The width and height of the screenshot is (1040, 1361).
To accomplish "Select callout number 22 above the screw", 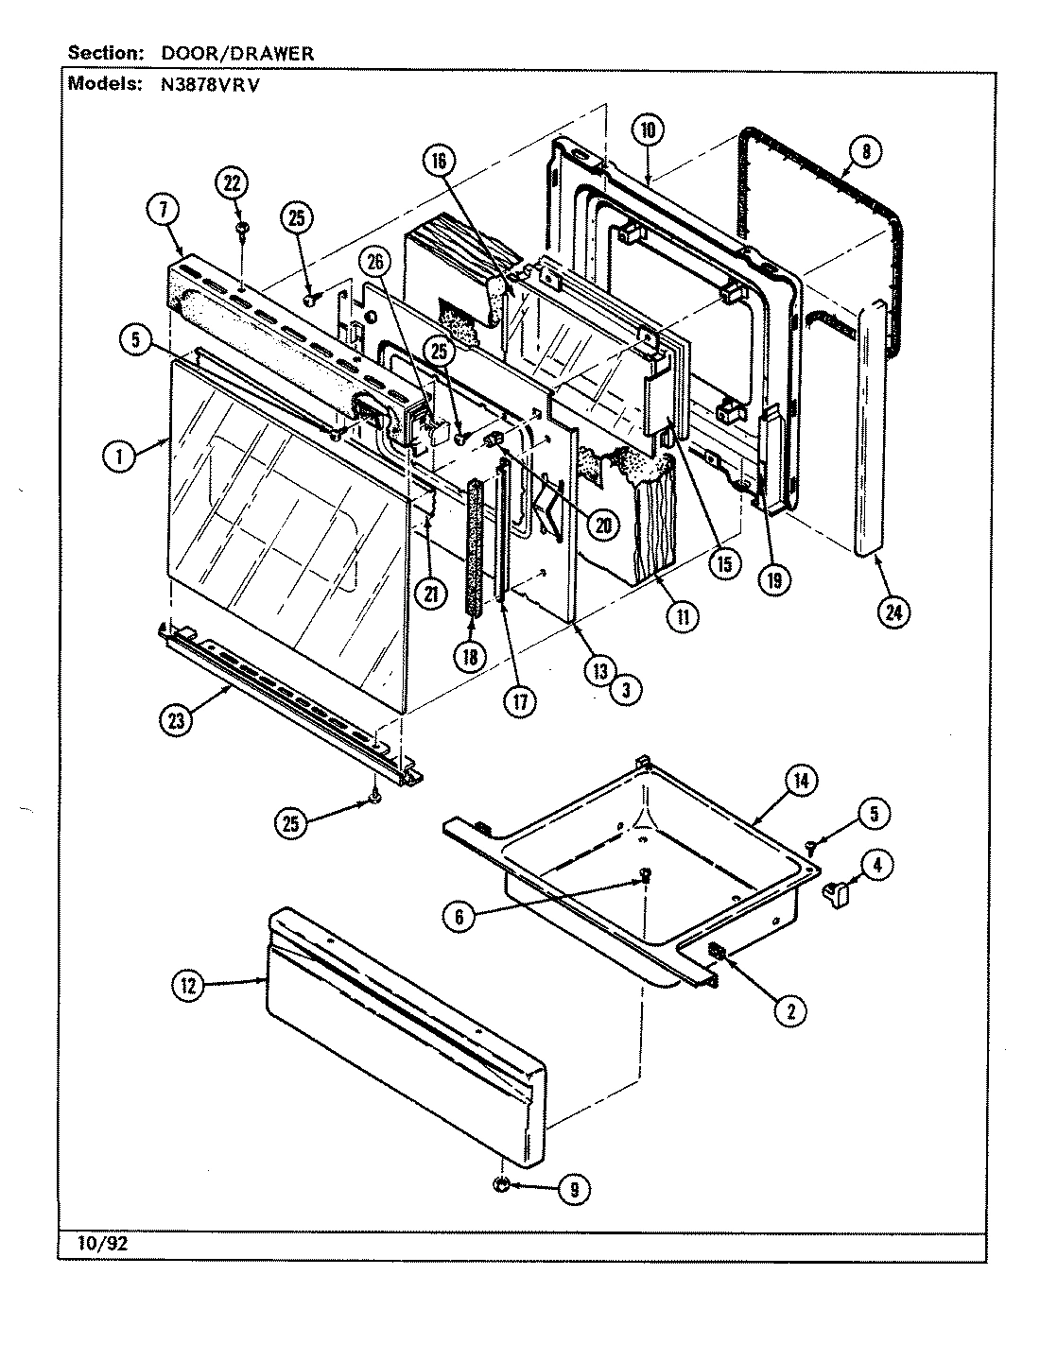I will click(x=232, y=182).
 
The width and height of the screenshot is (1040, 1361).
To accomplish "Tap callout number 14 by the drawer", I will click(x=801, y=781).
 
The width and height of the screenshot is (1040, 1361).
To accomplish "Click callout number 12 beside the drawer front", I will click(x=187, y=986).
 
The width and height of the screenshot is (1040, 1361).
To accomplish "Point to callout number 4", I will click(x=878, y=863).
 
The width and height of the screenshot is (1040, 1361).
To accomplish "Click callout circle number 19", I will click(x=773, y=580).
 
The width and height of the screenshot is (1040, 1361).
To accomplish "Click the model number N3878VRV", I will click(x=201, y=83).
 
